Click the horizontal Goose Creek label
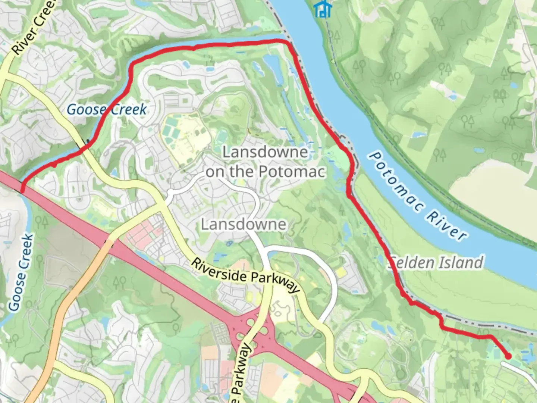coord(107,109)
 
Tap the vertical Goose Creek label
coord(22,272)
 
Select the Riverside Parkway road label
coord(245,275)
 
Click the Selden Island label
coord(436,262)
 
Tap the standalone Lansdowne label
coord(244,224)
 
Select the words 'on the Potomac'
coord(266,171)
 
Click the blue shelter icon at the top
coord(322,9)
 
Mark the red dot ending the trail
coord(508,356)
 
